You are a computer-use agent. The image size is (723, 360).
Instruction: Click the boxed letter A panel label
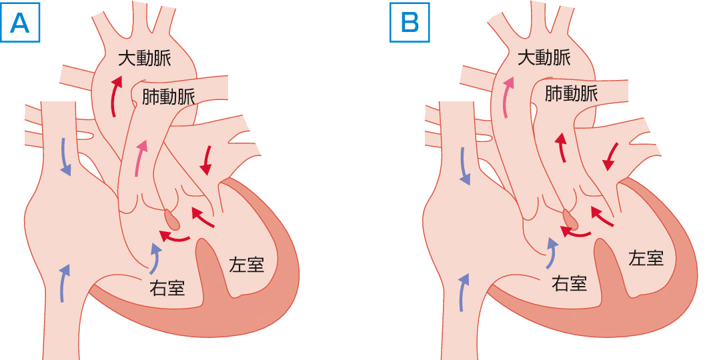(21, 23)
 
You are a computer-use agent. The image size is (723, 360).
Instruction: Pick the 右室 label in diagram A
(166, 289)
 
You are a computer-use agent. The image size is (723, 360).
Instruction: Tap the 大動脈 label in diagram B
(544, 58)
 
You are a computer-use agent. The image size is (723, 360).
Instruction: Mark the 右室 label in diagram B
(569, 283)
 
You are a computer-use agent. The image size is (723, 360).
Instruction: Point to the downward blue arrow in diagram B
(465, 165)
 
